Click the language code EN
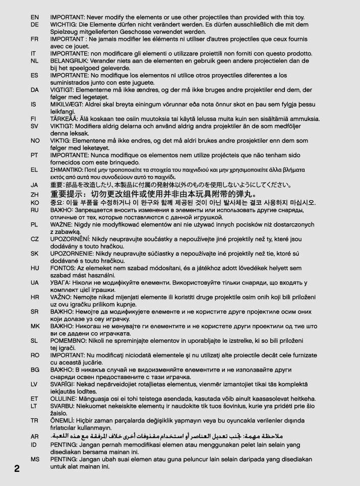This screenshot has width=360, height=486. pyautogui.click(x=35, y=17)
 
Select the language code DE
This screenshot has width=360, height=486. pyautogui.click(x=35, y=24)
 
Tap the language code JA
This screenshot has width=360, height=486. pyautogui.click(x=34, y=185)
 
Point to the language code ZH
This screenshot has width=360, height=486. pyautogui.click(x=35, y=194)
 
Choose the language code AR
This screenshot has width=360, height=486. pyautogui.click(x=35, y=436)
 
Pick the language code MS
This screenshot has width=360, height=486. pyautogui.click(x=35, y=460)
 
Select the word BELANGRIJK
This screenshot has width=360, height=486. pyautogui.click(x=68, y=60)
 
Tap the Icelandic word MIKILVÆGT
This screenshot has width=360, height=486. pyautogui.click(x=67, y=104)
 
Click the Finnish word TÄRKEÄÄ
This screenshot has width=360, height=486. pyautogui.click(x=64, y=119)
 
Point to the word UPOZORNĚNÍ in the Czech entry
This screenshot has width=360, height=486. pyautogui.click(x=70, y=238)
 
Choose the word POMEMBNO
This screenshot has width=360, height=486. pyautogui.click(x=67, y=341)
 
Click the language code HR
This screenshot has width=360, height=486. pyautogui.click(x=35, y=297)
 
